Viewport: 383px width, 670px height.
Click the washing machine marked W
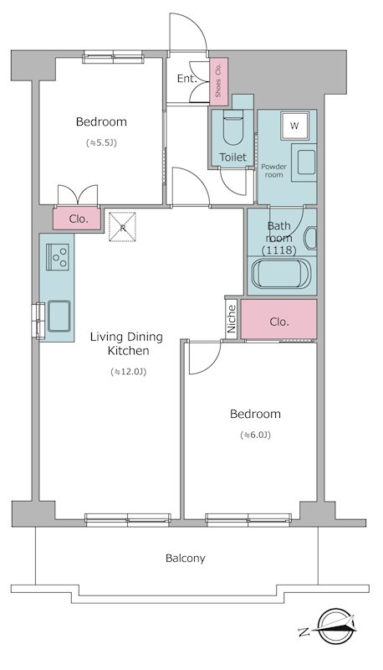click(x=294, y=126)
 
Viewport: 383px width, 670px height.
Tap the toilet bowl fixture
click(x=232, y=127)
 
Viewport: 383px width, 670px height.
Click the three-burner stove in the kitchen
click(x=57, y=256)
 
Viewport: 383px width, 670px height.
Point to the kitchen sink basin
click(x=59, y=316)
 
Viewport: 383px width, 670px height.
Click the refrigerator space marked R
click(x=122, y=227)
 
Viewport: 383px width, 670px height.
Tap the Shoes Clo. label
click(x=218, y=80)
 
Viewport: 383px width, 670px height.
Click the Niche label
click(x=232, y=319)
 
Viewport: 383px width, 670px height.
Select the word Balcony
click(x=185, y=558)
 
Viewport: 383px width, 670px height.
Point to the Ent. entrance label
click(x=187, y=79)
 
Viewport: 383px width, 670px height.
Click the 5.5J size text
click(x=101, y=143)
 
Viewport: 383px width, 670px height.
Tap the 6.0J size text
click(x=256, y=435)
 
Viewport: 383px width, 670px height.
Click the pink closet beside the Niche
click(x=279, y=319)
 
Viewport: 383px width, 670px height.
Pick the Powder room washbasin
click(x=306, y=162)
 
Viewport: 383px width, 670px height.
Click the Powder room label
click(x=273, y=171)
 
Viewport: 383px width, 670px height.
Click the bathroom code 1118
click(x=279, y=250)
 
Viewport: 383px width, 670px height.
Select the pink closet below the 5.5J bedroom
click(x=77, y=219)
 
